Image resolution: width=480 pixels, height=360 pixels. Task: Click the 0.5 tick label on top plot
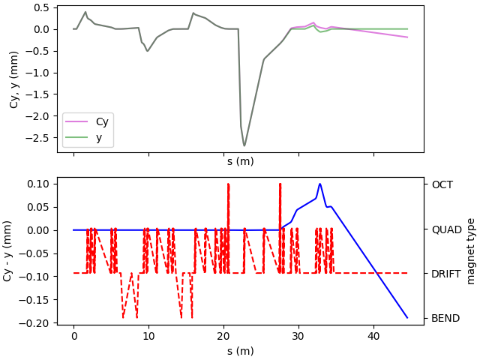coord(42,7)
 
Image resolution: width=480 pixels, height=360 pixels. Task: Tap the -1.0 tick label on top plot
coord(38,73)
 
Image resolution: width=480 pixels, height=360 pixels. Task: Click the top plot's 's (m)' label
coord(240,160)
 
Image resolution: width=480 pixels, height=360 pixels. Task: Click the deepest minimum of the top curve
coord(244,145)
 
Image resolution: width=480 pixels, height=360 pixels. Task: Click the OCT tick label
coord(442,184)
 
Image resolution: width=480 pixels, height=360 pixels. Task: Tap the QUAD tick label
coord(445,229)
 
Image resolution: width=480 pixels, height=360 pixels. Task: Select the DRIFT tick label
coord(446,274)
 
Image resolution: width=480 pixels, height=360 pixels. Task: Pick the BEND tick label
coord(445,318)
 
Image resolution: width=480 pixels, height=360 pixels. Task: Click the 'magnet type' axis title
coord(471,251)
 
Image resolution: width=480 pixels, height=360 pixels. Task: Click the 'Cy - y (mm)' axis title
coord(8,251)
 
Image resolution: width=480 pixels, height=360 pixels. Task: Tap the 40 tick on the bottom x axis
coord(373,337)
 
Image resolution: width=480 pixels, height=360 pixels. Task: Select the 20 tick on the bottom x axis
coord(223,337)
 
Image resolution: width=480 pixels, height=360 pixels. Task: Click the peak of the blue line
coord(319,184)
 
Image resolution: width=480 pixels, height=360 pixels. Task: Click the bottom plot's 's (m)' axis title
coord(240,351)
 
